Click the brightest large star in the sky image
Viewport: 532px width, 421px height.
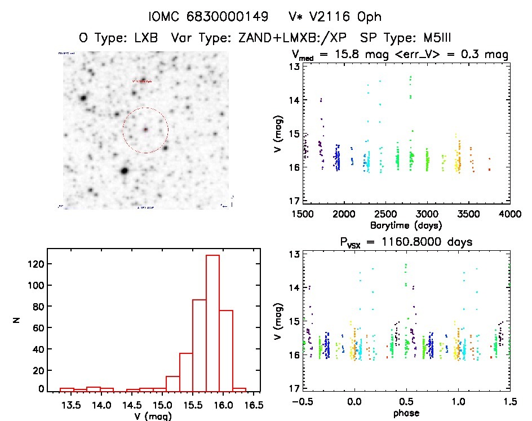[x=125, y=170]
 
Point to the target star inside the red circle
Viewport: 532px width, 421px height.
[x=145, y=130]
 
